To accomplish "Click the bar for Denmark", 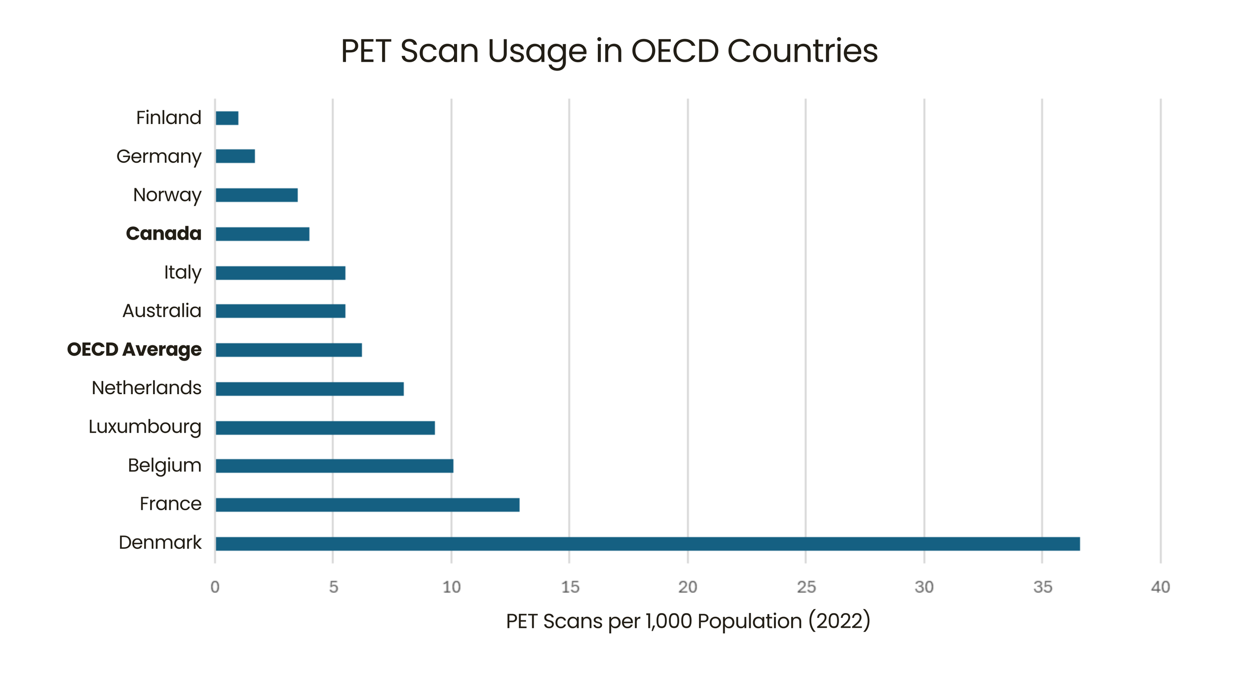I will [647, 544].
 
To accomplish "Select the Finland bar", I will [227, 118].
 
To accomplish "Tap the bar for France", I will [367, 505].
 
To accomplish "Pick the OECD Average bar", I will [289, 350].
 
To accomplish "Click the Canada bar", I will [263, 234].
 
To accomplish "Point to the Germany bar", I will [235, 156].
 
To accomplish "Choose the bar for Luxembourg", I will [325, 428].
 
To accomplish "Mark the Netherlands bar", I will [309, 389].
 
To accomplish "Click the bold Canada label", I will [164, 234].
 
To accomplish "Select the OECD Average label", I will [134, 350].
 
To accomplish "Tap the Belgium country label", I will [164, 466].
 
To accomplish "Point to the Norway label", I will [167, 195].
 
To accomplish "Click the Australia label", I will [162, 311].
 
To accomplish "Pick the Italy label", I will [183, 272].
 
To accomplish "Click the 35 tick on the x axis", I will [1042, 587].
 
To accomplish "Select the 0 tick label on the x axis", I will [215, 587].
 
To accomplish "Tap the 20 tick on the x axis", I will [688, 587].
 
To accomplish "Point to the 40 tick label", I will [1160, 587].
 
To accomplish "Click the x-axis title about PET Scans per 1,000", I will [688, 621].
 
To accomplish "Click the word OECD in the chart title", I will [675, 51].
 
